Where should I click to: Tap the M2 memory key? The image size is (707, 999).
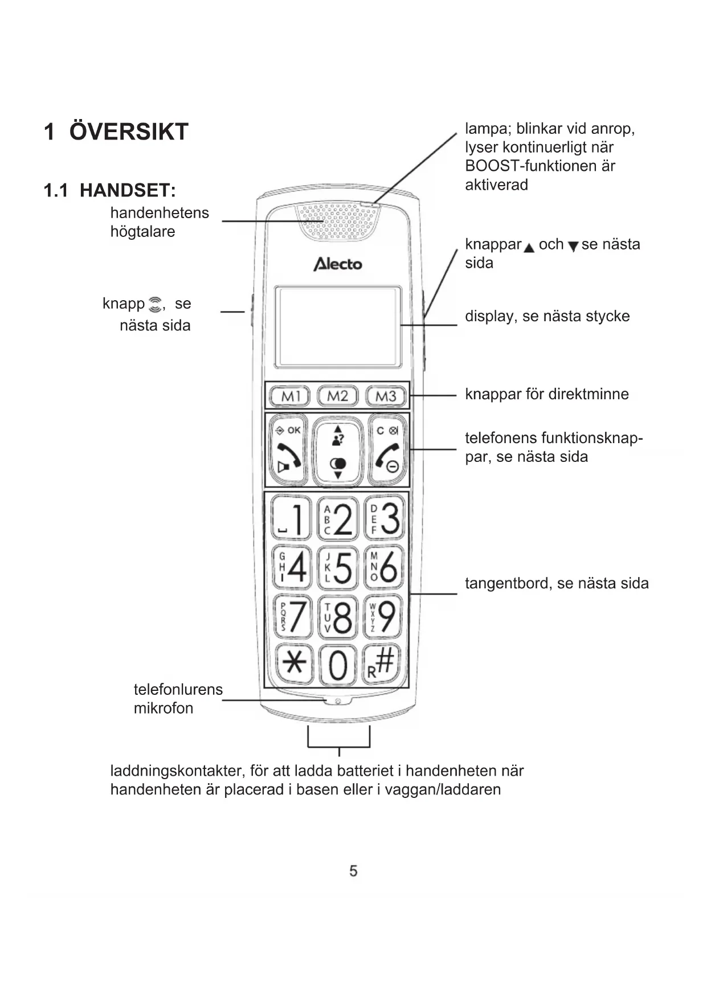pos(337,396)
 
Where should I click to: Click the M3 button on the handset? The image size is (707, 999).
pos(386,396)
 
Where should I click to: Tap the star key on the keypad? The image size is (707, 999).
pos(294,663)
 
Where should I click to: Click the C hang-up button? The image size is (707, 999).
pos(387,449)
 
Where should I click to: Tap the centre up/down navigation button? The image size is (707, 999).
pos(338,451)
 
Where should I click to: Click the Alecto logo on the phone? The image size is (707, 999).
pos(338,264)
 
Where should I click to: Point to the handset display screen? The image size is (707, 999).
pos(338,327)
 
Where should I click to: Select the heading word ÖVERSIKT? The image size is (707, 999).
pos(129,132)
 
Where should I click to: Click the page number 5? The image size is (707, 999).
pos(353,870)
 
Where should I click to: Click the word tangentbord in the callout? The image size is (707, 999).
pos(508,583)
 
